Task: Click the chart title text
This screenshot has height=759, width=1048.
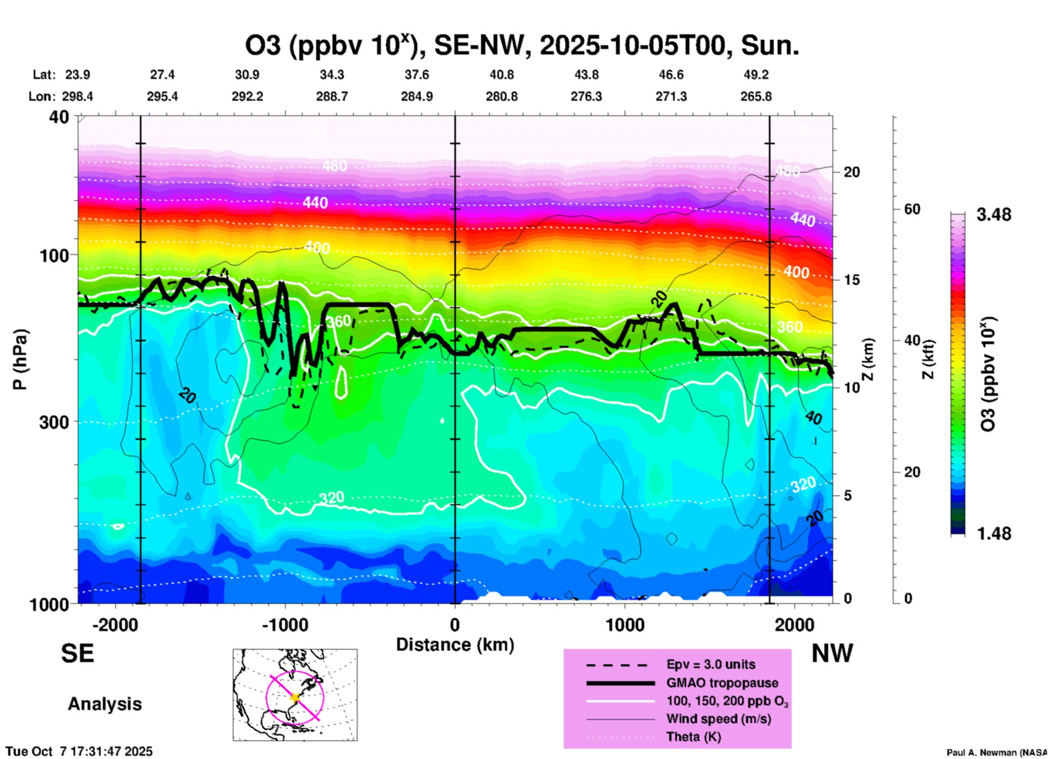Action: click(x=522, y=46)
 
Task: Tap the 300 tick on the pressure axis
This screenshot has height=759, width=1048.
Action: click(x=54, y=422)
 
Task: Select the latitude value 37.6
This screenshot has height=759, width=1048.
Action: click(x=416, y=75)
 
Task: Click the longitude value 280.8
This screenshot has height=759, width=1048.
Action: click(x=501, y=96)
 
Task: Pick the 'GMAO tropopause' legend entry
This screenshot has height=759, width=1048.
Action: click(x=722, y=683)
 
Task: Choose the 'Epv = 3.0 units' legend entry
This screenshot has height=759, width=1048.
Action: click(x=711, y=664)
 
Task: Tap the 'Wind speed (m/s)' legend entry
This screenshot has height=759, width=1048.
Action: click(x=718, y=719)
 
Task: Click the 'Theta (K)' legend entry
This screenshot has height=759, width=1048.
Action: click(x=693, y=737)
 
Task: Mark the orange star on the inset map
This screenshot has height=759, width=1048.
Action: click(x=295, y=697)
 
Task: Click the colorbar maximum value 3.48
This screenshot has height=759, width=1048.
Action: click(x=994, y=215)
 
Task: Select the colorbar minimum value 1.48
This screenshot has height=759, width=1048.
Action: click(x=994, y=533)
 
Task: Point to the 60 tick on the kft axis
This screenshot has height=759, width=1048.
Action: click(x=912, y=209)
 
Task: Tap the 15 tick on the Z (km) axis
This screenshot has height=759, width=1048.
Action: click(x=852, y=280)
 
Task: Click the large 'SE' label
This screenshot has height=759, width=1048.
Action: click(x=77, y=653)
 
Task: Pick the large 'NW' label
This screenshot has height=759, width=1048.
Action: click(x=832, y=653)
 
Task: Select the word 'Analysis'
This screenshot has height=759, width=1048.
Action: click(x=104, y=704)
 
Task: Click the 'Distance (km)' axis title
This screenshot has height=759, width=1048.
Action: click(x=455, y=645)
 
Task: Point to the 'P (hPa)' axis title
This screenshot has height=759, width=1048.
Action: click(x=20, y=359)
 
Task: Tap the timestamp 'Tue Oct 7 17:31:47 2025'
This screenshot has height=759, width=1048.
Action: click(x=79, y=751)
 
